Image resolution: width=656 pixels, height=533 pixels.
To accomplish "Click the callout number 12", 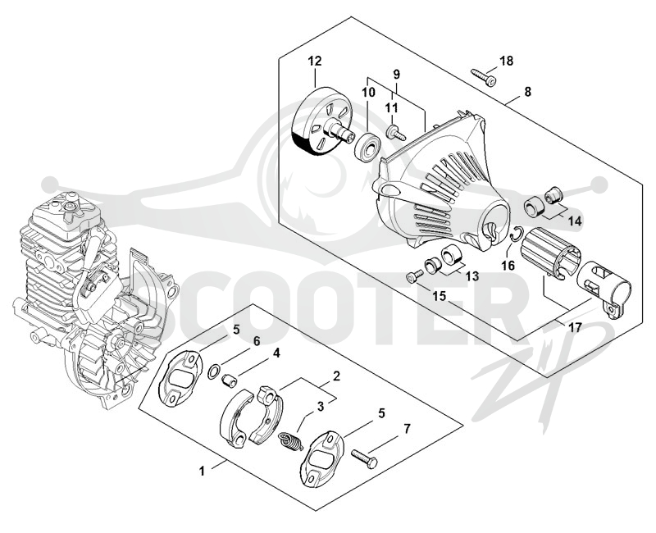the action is (x=315, y=61).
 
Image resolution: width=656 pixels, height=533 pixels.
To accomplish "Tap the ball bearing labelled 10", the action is (x=367, y=146).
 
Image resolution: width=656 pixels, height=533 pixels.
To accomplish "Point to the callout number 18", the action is (x=506, y=61).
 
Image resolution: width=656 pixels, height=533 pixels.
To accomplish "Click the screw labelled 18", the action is (x=484, y=77).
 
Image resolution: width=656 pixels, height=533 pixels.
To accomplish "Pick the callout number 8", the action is (x=527, y=91).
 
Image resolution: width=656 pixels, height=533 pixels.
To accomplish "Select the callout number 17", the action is (x=576, y=326).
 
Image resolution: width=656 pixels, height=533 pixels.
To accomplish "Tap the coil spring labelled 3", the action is (x=290, y=442).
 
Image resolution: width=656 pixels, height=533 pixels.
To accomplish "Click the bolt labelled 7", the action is (x=364, y=458).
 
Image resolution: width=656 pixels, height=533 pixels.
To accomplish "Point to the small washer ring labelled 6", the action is (x=214, y=371).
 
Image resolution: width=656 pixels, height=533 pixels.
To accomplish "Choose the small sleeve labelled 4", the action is (x=230, y=381).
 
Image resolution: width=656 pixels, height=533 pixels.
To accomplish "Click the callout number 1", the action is (x=202, y=471).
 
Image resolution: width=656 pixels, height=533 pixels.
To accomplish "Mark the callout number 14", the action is (x=576, y=221).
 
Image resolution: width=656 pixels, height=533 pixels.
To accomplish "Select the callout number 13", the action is (x=472, y=276).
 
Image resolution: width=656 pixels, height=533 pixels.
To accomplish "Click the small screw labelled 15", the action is (x=414, y=277).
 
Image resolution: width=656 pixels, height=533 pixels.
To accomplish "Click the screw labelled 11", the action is (x=396, y=132).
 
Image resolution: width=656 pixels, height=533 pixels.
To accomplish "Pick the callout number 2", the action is (x=336, y=376).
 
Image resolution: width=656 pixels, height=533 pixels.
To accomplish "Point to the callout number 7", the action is (x=407, y=428).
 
